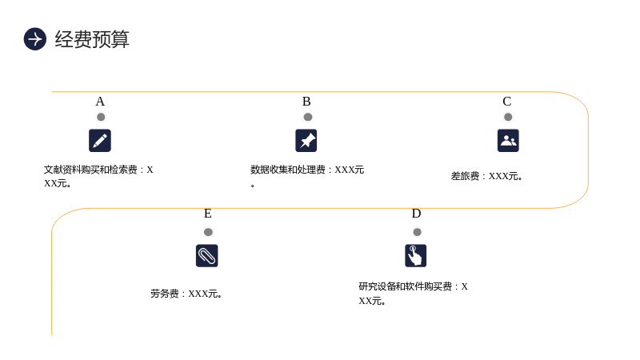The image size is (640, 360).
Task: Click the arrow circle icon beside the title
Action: tap(35, 39)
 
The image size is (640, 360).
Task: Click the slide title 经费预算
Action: tap(92, 39)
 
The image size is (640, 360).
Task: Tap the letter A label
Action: tap(100, 102)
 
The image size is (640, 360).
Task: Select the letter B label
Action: tap(306, 102)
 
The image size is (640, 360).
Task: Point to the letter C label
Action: tap(507, 102)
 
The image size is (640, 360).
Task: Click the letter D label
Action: tap(416, 214)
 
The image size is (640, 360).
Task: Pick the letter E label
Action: tap(208, 214)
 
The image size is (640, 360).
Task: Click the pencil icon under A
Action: tap(100, 141)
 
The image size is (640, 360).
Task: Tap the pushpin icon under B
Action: tap(306, 141)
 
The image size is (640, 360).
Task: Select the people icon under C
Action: tap(508, 141)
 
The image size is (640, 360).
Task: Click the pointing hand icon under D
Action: tap(415, 255)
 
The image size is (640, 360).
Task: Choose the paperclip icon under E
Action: tap(207, 255)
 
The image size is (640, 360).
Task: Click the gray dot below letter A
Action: tap(101, 117)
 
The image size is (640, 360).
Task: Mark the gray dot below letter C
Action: tap(508, 117)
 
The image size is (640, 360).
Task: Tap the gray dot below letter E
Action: tap(208, 232)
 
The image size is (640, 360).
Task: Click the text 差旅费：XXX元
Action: tap(486, 176)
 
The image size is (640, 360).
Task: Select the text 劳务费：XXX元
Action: tap(186, 294)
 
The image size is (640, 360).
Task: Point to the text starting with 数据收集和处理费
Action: tap(307, 176)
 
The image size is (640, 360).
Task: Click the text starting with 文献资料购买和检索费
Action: tap(98, 176)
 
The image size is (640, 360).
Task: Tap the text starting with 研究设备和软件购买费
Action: tap(413, 294)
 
